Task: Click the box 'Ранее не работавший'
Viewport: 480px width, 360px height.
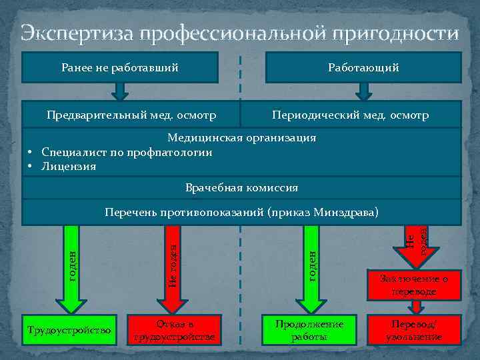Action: pyautogui.click(x=121, y=67)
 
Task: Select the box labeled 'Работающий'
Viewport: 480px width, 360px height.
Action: pyautogui.click(x=363, y=67)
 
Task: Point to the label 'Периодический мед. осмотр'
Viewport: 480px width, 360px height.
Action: pyautogui.click(x=350, y=116)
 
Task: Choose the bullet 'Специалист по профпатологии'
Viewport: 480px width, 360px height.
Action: pyautogui.click(x=127, y=152)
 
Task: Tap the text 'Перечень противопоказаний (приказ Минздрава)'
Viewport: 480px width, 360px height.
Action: pyautogui.click(x=241, y=213)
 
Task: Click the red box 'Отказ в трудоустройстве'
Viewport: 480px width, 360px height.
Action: pyautogui.click(x=174, y=330)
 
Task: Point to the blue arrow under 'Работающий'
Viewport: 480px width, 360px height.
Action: pyautogui.click(x=363, y=91)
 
